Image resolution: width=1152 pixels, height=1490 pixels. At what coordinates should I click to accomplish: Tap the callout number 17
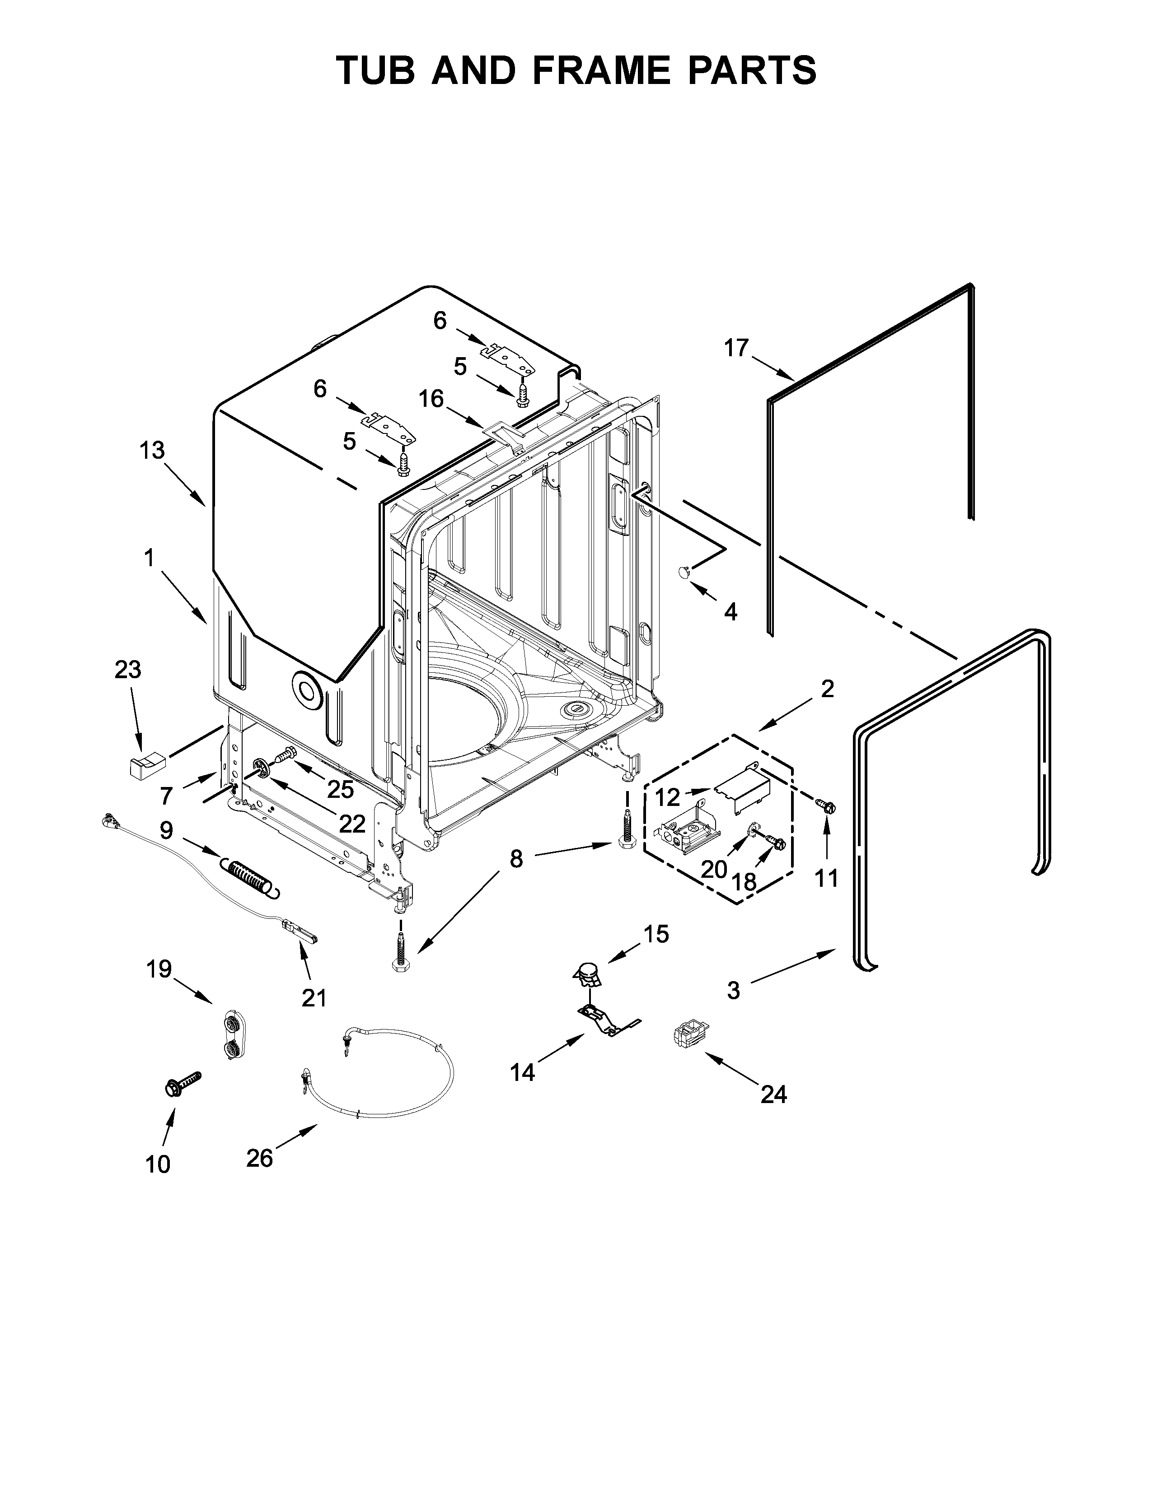(736, 349)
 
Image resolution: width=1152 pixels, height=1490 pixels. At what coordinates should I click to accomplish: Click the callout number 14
(523, 1072)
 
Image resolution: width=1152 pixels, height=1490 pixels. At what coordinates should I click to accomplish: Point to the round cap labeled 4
(684, 573)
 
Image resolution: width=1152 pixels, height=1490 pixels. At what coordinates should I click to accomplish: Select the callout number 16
(431, 398)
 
